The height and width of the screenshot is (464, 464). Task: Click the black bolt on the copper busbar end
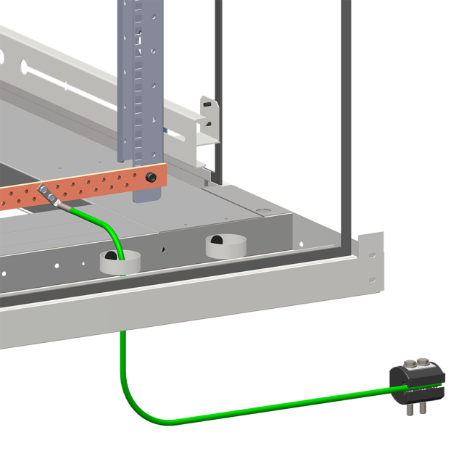pyautogui.click(x=152, y=178)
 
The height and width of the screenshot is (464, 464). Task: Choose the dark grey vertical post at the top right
pyautogui.click(x=346, y=29)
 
